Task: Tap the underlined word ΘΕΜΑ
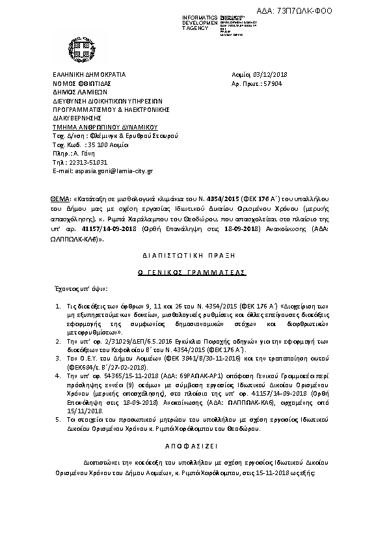point(60,196)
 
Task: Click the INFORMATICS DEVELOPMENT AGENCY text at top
point(185,21)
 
